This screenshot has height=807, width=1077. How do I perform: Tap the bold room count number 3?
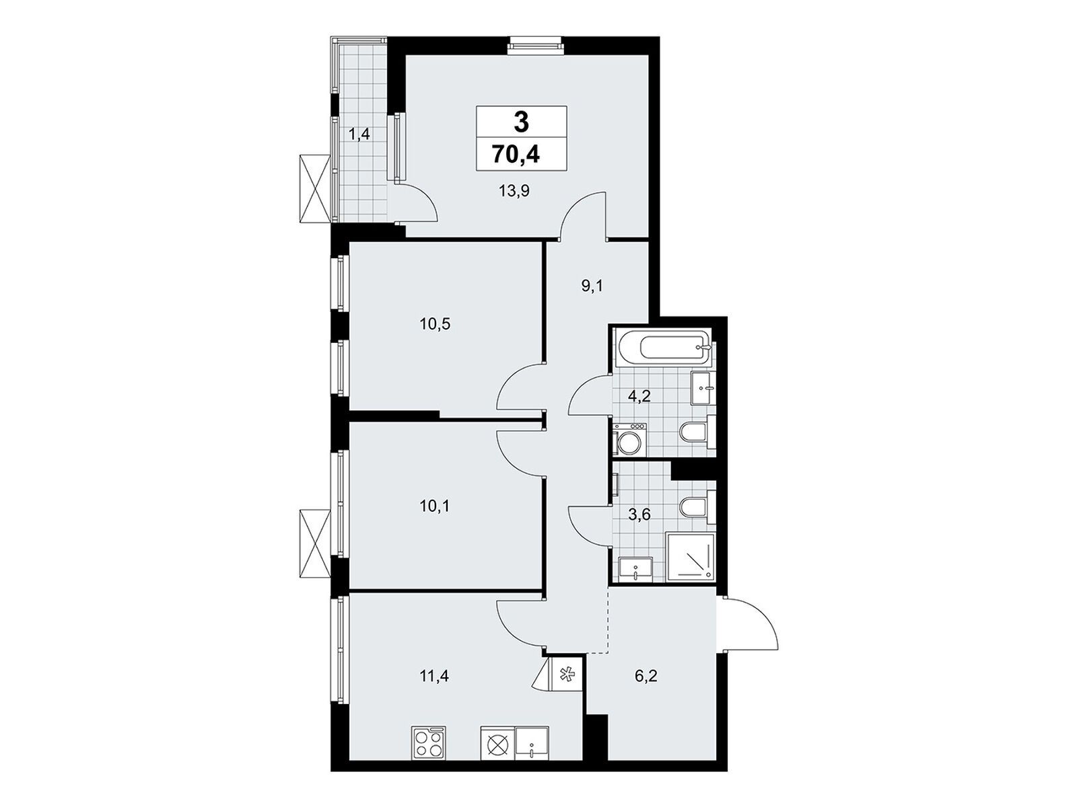[521, 122]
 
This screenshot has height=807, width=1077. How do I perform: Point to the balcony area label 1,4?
[359, 133]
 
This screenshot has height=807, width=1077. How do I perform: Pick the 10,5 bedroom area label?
[435, 324]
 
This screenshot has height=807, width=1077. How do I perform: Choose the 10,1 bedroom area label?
[433, 506]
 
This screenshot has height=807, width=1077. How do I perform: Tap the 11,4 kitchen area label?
[434, 676]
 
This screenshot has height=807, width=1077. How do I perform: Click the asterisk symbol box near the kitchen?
[565, 675]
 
